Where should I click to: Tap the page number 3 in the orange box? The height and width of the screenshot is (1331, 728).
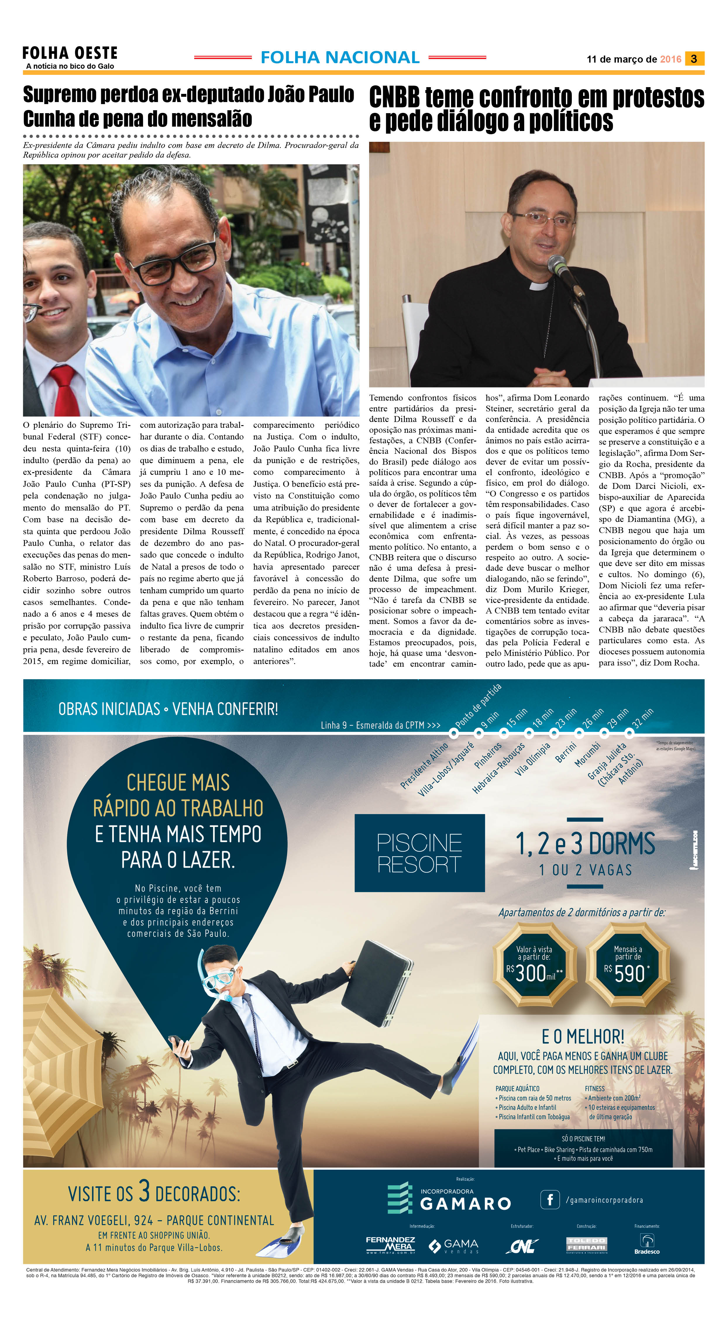[x=693, y=59]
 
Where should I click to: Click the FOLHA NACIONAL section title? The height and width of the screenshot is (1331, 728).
[x=340, y=57]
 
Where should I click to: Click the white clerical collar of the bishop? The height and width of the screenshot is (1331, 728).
[x=539, y=285]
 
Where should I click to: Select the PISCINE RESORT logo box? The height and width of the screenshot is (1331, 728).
[x=419, y=853]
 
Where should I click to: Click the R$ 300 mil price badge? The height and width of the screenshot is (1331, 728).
[x=534, y=966]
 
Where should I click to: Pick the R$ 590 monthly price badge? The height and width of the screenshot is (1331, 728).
[x=627, y=966]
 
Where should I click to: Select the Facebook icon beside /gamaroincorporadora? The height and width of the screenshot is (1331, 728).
[x=550, y=1199]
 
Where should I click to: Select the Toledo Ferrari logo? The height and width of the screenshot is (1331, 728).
[x=586, y=1244]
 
